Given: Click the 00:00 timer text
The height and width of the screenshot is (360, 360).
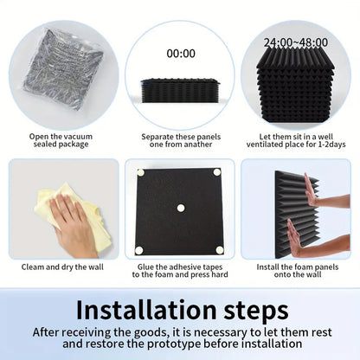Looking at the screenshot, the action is [x=181, y=54].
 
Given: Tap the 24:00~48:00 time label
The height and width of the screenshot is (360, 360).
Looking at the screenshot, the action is [x=296, y=42].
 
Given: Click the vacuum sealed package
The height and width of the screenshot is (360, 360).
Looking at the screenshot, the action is [x=63, y=69].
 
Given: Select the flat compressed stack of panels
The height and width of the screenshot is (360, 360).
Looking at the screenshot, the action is [x=181, y=90].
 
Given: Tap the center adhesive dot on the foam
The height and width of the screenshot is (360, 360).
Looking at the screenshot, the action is [x=181, y=208].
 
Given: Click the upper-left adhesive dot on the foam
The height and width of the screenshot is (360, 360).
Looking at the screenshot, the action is [x=140, y=173].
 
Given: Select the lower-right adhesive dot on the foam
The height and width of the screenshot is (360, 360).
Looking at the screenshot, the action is [x=220, y=250].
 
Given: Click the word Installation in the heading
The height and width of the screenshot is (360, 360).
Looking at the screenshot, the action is [x=146, y=310].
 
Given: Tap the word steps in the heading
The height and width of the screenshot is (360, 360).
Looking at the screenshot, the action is [x=256, y=312].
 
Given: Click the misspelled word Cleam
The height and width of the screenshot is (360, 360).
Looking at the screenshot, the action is [x=33, y=267].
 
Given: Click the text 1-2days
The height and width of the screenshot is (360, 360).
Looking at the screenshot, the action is [x=331, y=145].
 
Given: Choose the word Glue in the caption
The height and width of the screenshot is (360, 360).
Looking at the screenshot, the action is [x=145, y=267].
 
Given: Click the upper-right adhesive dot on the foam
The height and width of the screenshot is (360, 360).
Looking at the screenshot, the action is [x=217, y=172].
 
